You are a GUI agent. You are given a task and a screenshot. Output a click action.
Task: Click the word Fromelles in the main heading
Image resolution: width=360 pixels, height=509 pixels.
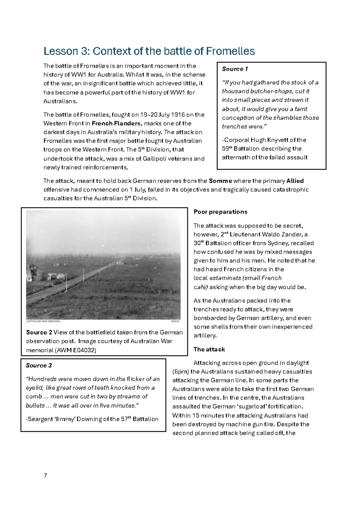[230, 51]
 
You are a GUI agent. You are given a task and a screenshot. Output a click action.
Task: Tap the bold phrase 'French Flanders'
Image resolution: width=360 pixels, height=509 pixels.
[116, 123]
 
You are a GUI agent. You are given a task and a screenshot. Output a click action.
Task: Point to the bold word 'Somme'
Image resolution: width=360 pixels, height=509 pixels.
[220, 181]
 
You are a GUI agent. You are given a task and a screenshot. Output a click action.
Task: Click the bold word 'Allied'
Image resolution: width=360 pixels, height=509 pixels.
[295, 181]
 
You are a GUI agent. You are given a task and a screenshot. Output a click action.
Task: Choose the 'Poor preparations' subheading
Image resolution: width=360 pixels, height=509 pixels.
[220, 212]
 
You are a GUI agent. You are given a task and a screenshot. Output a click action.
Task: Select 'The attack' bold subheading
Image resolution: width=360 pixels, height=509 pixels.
[209, 349]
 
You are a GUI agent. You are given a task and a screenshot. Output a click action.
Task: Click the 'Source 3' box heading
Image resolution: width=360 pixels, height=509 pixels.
[39, 366]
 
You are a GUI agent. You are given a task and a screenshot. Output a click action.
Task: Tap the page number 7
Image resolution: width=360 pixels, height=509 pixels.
[45, 475]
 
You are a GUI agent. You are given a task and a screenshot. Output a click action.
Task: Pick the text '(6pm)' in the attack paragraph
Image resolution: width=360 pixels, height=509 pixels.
[181, 372]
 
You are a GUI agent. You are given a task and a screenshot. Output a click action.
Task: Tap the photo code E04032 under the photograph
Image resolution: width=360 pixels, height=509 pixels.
[175, 321]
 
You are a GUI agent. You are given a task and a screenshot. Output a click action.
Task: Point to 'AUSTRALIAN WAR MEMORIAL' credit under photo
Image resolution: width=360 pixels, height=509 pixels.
[43, 321]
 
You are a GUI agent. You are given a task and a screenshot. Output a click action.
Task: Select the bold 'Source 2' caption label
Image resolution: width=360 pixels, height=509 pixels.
[39, 333]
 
